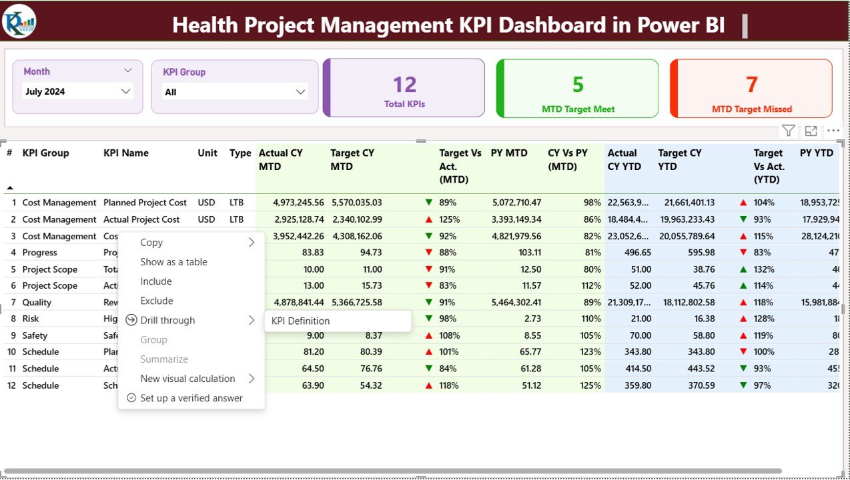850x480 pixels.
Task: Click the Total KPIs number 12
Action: [404, 85]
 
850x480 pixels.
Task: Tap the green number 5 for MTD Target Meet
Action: [578, 85]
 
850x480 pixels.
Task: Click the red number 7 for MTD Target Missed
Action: [751, 85]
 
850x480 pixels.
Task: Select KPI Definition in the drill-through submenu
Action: [300, 321]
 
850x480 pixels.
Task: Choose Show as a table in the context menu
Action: [173, 262]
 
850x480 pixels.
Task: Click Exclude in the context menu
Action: [157, 301]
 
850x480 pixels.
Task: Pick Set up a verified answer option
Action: [191, 398]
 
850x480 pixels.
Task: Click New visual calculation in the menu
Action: [187, 379]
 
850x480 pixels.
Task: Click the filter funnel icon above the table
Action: [788, 131]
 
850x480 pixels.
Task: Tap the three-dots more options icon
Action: [833, 131]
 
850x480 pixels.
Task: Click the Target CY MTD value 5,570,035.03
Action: [356, 203]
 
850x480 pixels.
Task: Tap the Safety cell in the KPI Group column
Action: [35, 335]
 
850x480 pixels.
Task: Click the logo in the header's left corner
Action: [19, 21]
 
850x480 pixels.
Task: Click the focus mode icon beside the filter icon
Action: [811, 131]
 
